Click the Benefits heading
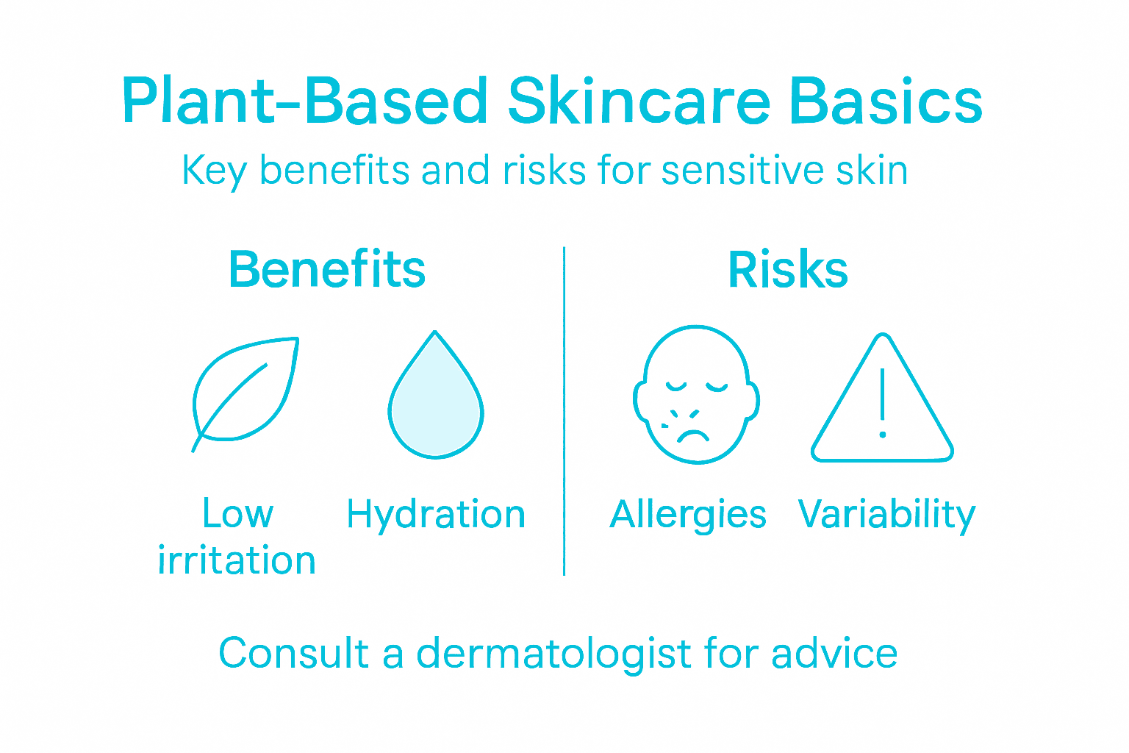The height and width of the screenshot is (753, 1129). [x=327, y=269]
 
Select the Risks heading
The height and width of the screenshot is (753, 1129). [x=788, y=270]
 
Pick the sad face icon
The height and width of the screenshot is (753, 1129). [x=696, y=394]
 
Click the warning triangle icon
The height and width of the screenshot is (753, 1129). [x=883, y=401]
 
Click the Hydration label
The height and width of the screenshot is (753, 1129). [x=436, y=515]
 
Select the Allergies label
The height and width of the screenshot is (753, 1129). [x=688, y=515]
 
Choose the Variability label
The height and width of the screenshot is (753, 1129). [x=886, y=515]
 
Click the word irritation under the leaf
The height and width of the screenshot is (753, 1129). [x=237, y=560]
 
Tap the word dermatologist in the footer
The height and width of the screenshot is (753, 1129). [x=553, y=653]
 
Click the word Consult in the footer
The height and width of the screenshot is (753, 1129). [x=293, y=653]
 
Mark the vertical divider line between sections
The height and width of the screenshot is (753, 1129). [x=564, y=412]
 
